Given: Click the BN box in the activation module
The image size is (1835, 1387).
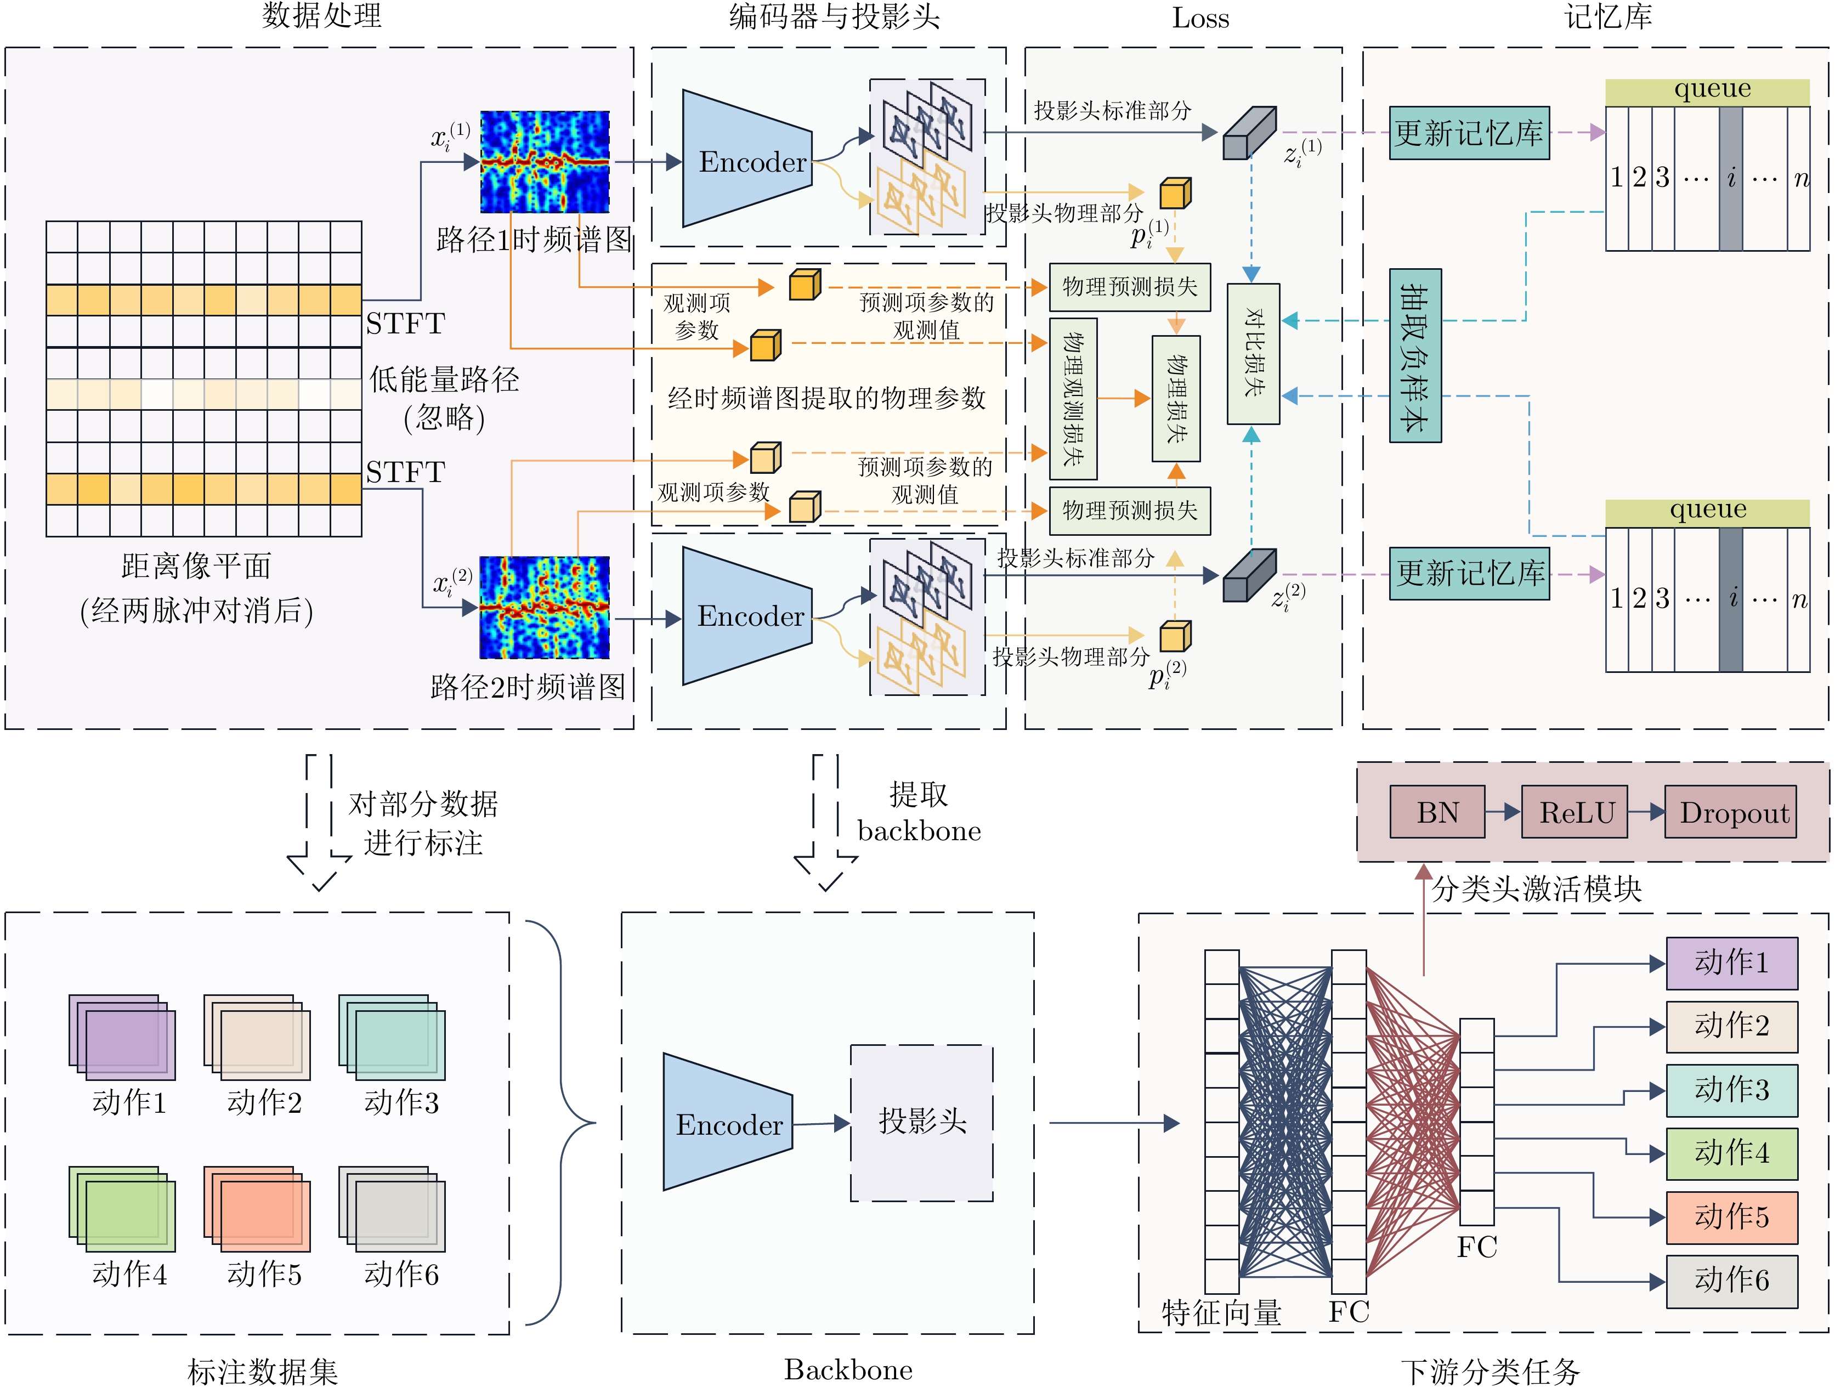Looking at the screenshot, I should (1437, 812).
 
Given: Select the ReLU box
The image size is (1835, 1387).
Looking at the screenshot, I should (1574, 812).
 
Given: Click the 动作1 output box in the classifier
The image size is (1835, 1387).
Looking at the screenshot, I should (1731, 963).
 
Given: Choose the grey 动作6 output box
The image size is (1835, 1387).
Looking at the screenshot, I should (1731, 1281).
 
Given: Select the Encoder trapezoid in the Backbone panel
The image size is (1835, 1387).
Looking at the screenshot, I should (728, 1122).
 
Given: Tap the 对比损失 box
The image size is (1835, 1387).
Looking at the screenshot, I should (1253, 353).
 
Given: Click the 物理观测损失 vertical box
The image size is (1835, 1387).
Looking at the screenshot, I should (1073, 398).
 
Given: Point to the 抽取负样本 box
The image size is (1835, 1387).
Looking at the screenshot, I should (1415, 355).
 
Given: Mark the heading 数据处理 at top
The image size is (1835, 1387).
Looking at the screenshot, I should (322, 16).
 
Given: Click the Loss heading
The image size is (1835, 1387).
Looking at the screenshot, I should (1200, 18).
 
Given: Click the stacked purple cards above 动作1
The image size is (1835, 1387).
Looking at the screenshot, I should (123, 1037).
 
